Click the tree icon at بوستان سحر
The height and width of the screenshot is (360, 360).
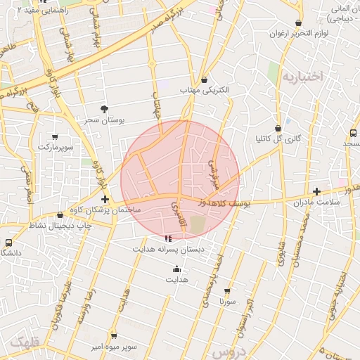pos(105,108)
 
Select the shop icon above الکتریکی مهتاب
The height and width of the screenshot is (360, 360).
pos(204,79)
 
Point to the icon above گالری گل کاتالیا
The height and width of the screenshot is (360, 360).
pos(278,128)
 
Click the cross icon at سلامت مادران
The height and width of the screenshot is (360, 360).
pos(316,191)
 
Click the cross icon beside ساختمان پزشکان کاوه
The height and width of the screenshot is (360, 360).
pos(105,199)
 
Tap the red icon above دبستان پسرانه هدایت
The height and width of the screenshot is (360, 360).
pos(167,238)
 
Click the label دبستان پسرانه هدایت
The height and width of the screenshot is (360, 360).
pos(169,249)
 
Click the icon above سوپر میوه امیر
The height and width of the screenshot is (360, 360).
pos(114,336)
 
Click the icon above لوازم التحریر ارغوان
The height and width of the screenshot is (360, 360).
pos(299,22)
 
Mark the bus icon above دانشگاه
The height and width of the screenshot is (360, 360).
pos(8,242)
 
